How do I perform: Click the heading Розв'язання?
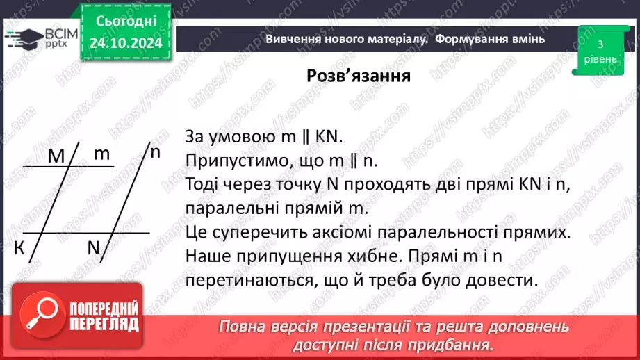[x=359, y=76]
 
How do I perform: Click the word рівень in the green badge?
[x=600, y=59]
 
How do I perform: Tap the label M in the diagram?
[x=56, y=157]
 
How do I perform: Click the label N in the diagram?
[x=95, y=247]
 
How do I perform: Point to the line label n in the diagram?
[x=156, y=152]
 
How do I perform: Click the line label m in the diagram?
[x=102, y=154]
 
